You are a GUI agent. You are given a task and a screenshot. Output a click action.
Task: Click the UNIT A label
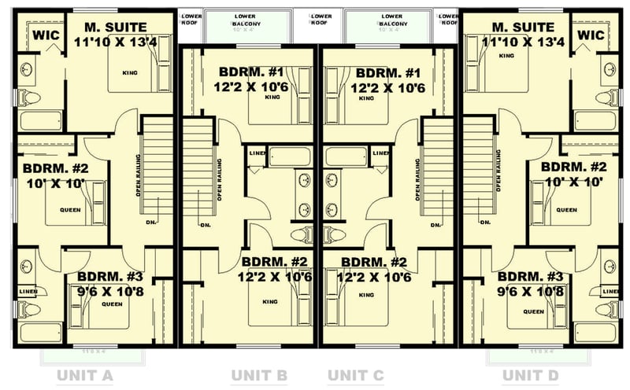(84, 375)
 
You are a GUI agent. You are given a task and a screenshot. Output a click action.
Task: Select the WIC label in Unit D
(591, 35)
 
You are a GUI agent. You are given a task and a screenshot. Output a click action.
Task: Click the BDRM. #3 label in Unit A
(110, 277)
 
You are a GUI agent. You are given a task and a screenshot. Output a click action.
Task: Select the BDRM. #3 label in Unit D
(531, 277)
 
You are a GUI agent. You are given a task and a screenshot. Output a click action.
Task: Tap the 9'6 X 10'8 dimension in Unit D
(531, 292)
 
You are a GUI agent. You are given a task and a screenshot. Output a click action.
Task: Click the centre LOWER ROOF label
(321, 19)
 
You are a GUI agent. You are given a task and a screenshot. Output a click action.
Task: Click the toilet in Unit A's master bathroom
(30, 97)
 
